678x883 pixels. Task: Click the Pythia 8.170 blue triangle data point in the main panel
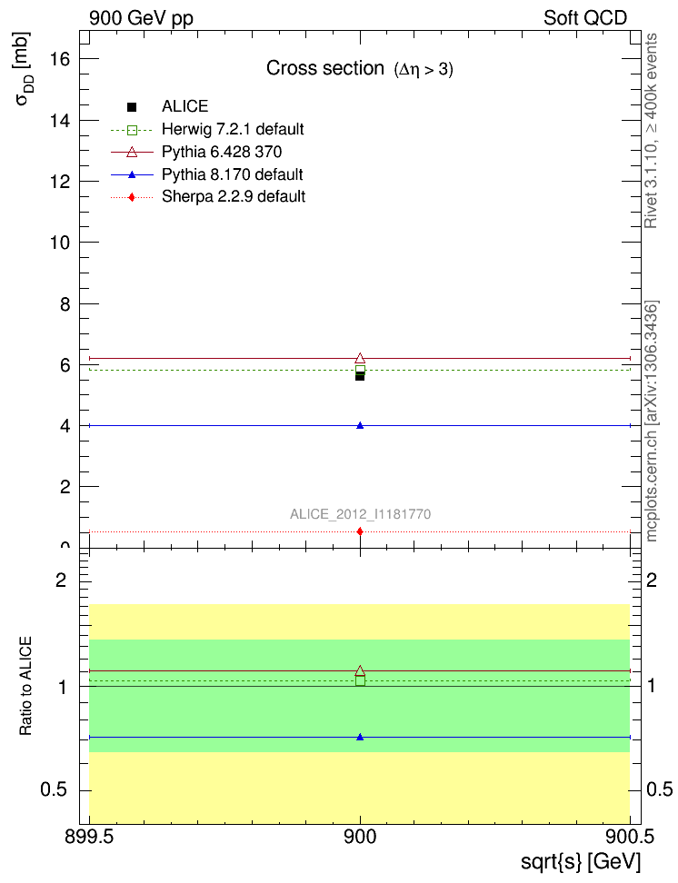pyautogui.click(x=360, y=425)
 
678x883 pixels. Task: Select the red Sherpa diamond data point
pyautogui.click(x=360, y=531)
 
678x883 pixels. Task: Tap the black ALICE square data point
pyautogui.click(x=360, y=375)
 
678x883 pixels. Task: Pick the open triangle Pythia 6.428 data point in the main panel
pyautogui.click(x=360, y=358)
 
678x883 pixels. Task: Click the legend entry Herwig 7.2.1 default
pyautogui.click(x=233, y=129)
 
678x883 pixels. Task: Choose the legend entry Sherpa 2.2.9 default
pyautogui.click(x=234, y=196)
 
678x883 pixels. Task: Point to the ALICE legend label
pyautogui.click(x=184, y=106)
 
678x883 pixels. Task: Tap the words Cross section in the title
pyautogui.click(x=324, y=68)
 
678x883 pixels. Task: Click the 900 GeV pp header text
pyautogui.click(x=141, y=17)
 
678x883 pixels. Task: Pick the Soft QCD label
pyautogui.click(x=585, y=17)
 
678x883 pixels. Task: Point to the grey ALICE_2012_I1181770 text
pyautogui.click(x=360, y=514)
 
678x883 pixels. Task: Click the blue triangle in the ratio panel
pyautogui.click(x=360, y=737)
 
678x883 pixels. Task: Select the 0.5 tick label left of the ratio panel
pyautogui.click(x=56, y=789)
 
